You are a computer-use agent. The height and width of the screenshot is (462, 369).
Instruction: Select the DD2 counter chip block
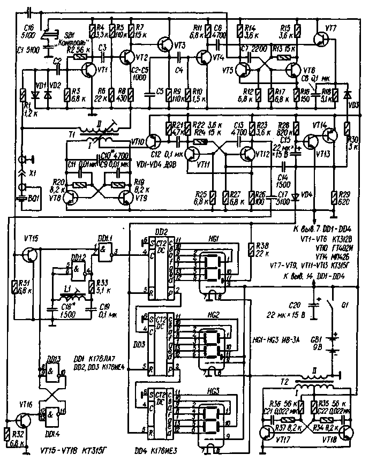(160, 268)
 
